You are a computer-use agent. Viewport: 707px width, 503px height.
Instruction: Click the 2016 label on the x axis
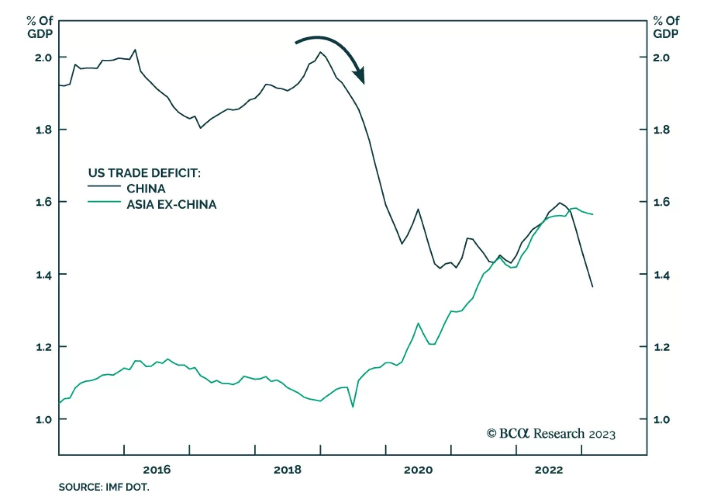click(156, 470)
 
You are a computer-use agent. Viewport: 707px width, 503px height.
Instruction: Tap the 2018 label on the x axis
click(287, 470)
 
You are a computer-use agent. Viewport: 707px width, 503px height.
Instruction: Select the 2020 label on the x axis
click(418, 470)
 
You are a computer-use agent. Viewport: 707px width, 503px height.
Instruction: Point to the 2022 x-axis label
click(549, 470)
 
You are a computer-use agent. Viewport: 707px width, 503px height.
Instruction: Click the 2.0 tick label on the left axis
click(43, 58)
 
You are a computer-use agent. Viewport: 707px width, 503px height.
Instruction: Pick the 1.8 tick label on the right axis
click(661, 130)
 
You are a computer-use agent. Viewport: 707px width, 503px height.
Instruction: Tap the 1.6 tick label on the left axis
click(43, 202)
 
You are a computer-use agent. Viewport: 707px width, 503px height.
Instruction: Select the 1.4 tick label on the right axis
click(661, 275)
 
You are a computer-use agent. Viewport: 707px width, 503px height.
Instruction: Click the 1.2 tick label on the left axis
click(43, 347)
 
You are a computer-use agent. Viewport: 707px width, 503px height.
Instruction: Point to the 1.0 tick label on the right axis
click(661, 419)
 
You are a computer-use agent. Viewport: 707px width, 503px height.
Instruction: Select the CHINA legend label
click(146, 189)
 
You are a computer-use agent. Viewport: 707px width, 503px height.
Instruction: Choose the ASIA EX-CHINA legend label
click(171, 204)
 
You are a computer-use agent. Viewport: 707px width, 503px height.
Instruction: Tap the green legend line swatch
click(104, 202)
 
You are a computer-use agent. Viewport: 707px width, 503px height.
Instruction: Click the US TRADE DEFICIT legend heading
click(144, 173)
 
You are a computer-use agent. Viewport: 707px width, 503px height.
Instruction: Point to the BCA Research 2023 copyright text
click(551, 434)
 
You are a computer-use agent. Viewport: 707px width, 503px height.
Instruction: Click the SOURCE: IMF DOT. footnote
click(104, 487)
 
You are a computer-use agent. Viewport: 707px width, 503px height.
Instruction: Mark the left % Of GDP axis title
click(40, 27)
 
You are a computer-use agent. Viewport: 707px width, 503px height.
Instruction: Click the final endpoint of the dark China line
click(593, 287)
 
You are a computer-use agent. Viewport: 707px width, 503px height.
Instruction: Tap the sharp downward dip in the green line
click(353, 407)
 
